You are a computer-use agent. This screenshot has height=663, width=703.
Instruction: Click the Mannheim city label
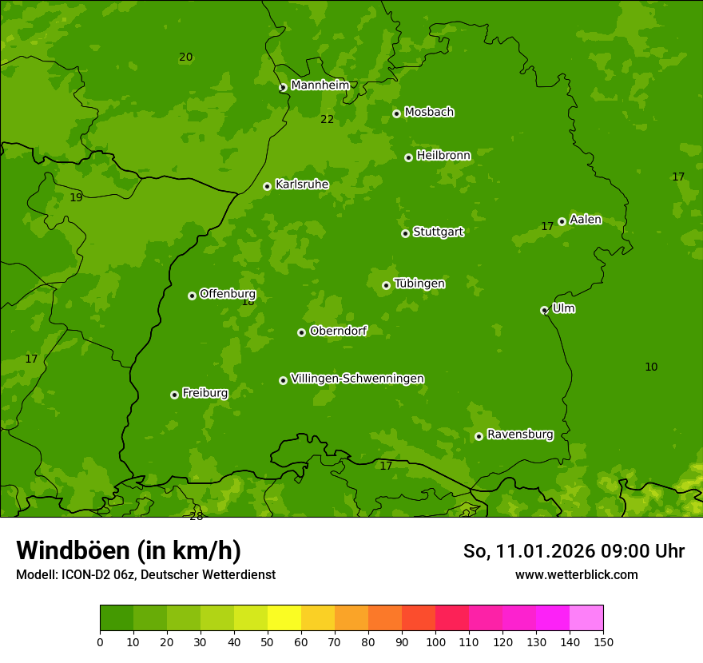pos(320,85)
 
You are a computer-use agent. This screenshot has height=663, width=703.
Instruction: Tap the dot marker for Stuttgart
pos(405,233)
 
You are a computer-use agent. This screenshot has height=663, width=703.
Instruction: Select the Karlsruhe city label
pos(301,185)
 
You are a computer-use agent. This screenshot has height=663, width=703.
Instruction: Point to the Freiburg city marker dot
pos(174,395)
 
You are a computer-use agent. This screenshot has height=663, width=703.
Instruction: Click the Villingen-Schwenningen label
pos(357,379)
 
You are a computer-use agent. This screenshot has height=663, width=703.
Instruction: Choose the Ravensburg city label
pos(519,435)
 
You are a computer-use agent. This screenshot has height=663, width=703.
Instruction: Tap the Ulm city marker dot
pos(544,310)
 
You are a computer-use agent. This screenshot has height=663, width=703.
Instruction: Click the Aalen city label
pos(585,220)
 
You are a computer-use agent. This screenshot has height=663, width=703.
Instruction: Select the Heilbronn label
pos(443,156)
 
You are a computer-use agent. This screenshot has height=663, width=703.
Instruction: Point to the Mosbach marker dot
pos(396,113)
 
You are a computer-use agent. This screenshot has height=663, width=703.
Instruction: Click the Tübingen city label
pos(419,284)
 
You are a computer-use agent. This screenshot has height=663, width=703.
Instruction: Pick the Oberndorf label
pos(338,331)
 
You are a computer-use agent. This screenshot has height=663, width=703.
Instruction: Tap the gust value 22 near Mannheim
pos(327,119)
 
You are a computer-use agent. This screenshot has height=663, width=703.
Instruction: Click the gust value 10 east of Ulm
pos(651,367)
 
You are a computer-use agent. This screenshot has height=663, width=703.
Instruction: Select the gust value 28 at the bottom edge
pos(196,516)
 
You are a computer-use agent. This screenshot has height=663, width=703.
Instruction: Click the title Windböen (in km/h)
pos(129,550)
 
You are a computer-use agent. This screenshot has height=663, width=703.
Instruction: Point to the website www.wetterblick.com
pos(576,574)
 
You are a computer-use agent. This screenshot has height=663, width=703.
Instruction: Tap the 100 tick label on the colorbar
pos(435,641)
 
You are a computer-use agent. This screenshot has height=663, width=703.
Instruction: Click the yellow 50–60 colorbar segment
pos(284,618)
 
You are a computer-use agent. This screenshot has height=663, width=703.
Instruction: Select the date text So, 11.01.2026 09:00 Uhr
pos(574,551)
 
